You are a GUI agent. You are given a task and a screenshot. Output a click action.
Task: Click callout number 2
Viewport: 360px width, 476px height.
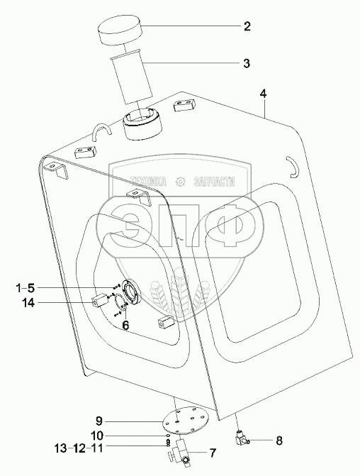[247, 26]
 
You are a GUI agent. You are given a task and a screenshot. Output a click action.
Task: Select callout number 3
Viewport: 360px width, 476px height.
[247, 63]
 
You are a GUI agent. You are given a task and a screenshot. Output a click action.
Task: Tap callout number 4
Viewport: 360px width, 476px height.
[263, 94]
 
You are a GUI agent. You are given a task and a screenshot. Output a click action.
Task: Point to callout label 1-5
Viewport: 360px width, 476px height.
[26, 288]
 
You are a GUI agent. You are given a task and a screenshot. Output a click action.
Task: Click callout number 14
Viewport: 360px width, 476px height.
[28, 303]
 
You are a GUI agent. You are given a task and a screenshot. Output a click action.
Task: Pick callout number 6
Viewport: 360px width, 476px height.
[125, 325]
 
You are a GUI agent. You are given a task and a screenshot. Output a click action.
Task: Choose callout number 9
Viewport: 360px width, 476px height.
[99, 421]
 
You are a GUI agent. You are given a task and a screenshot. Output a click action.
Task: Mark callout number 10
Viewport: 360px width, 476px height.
[97, 436]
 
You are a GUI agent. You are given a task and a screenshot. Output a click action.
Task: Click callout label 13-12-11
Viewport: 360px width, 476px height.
[79, 448]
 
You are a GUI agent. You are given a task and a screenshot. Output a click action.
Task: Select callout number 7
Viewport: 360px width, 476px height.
[213, 453]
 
